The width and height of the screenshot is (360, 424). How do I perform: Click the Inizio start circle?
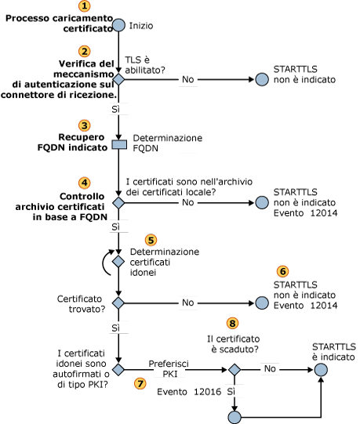[118, 25]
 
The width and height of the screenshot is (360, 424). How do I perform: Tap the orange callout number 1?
[85, 6]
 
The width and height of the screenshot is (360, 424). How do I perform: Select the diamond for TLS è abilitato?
[118, 79]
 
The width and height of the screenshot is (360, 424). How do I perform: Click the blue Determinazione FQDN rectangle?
[119, 144]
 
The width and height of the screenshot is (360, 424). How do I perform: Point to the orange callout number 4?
[85, 183]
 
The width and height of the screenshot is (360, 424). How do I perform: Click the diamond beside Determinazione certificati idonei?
[118, 262]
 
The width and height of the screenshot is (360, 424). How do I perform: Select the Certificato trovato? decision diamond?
[118, 303]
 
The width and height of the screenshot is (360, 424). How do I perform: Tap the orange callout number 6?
[282, 271]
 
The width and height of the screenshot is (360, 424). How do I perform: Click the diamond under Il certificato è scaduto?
[235, 370]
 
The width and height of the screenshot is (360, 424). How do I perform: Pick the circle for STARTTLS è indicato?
[321, 370]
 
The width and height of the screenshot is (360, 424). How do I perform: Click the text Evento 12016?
[189, 392]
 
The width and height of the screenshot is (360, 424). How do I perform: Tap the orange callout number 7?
[140, 383]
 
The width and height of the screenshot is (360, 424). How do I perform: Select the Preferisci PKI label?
[169, 369]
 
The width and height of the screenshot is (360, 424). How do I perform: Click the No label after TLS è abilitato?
[188, 79]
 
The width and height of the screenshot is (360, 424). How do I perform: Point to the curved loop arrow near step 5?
[104, 262]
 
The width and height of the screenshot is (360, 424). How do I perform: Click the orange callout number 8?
[232, 323]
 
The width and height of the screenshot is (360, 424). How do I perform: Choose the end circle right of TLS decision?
[262, 79]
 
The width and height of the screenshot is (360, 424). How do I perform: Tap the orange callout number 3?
[85, 125]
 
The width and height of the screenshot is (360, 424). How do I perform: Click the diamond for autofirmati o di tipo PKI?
[118, 370]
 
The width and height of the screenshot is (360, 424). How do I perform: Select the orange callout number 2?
[85, 52]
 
